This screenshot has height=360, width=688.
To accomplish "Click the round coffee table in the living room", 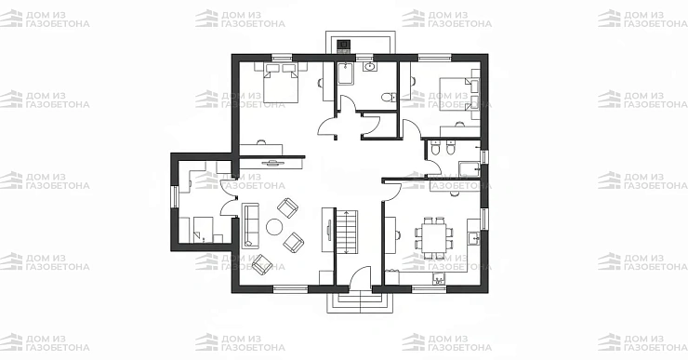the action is [x=274, y=227].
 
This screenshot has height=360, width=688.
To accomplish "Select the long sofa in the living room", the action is [x=250, y=225].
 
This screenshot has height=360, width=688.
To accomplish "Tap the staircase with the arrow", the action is [x=347, y=232].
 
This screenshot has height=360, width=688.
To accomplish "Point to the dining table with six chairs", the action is [x=434, y=238].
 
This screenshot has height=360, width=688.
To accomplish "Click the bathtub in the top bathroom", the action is [x=346, y=73].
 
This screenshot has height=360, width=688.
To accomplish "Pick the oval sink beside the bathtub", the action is [x=370, y=67].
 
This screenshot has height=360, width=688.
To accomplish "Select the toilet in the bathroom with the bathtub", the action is [x=389, y=97].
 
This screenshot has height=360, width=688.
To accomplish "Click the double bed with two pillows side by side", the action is [x=281, y=82].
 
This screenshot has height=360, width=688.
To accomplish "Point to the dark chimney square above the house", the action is [x=344, y=44].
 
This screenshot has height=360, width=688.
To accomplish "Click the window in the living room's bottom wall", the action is [x=290, y=289].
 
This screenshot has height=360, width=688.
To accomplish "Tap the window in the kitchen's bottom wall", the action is [x=430, y=289].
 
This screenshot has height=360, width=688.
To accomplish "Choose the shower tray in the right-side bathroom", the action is [x=470, y=168].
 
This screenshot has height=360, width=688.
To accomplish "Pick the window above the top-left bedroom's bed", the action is [x=282, y=58].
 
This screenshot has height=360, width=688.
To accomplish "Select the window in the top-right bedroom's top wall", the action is [x=434, y=58].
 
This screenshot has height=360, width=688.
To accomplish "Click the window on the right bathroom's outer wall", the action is [x=484, y=157].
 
